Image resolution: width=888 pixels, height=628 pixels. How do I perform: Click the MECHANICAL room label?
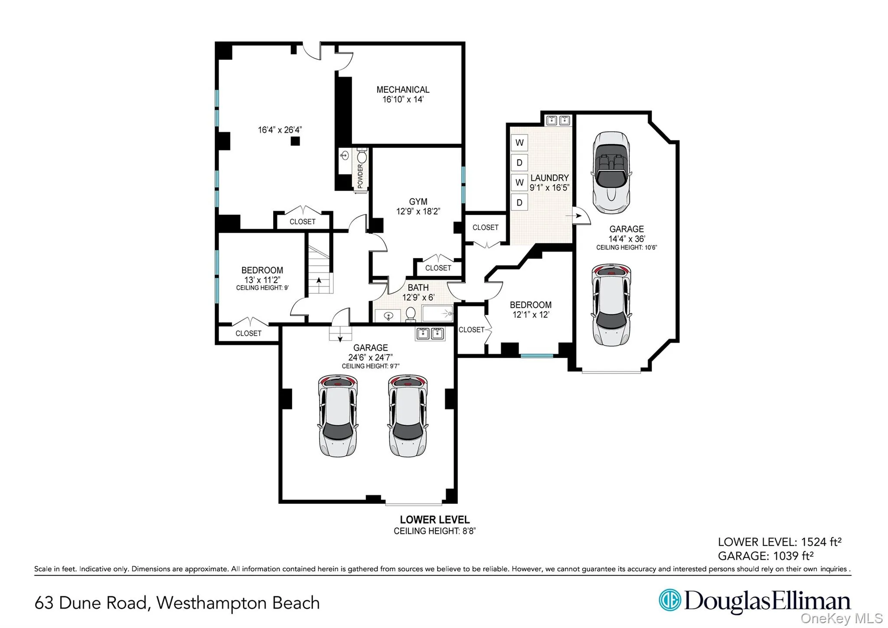(402, 89)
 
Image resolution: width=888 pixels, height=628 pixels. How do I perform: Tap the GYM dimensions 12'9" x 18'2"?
(418, 211)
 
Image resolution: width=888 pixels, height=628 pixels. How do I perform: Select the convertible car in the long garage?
(611, 173)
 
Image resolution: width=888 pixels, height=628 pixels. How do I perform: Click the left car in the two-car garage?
(338, 416)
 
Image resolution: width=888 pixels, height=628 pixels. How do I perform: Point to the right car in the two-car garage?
(408, 416)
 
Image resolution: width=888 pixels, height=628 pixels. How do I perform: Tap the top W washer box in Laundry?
(519, 142)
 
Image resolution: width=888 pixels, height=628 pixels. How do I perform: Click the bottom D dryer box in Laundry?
(519, 202)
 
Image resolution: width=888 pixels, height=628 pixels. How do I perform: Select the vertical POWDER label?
(360, 176)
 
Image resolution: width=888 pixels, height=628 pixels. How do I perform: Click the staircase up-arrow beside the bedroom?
(319, 281)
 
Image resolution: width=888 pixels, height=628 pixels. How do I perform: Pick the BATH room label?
(418, 287)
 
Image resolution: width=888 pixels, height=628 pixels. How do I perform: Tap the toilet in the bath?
(410, 314)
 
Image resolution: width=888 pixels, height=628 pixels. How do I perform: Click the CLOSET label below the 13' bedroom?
(248, 333)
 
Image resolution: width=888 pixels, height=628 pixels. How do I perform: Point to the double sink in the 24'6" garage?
(430, 333)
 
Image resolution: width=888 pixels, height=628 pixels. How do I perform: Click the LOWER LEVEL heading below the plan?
(434, 519)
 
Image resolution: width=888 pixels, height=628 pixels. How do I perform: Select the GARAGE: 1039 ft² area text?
(765, 556)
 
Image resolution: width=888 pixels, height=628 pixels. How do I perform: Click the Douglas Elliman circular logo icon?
(669, 600)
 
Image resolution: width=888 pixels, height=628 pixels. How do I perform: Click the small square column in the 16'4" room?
(295, 141)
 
